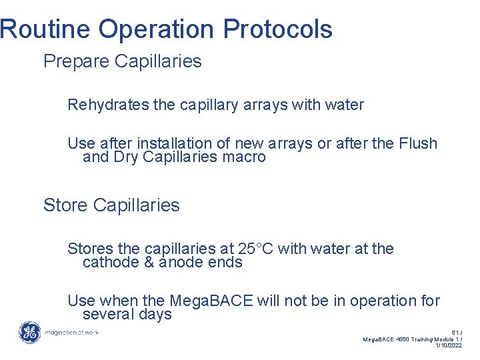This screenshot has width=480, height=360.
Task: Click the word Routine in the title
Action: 45,29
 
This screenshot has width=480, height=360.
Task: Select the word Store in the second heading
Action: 64,205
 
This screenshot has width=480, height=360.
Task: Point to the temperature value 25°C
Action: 255,249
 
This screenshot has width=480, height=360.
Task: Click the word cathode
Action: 111,263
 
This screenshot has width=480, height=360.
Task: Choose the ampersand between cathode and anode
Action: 149,263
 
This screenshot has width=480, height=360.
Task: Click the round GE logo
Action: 29,333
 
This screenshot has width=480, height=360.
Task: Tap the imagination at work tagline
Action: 71,332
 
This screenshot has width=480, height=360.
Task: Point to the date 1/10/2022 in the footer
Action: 448,345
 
